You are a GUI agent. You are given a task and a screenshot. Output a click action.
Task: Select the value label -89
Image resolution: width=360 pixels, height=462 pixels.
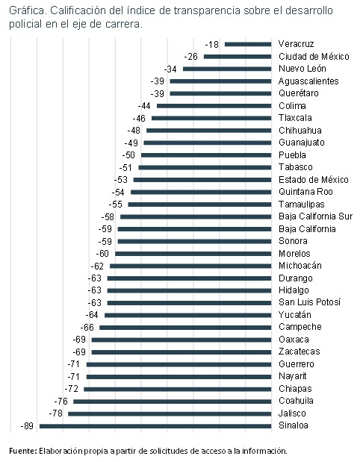click(28, 426)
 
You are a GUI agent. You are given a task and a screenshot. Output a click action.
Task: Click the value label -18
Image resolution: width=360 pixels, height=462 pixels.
click(214, 44)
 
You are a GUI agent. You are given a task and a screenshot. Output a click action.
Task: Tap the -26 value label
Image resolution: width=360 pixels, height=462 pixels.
click(193, 57)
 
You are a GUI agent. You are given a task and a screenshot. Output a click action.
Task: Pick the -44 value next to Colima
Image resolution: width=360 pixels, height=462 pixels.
click(146, 106)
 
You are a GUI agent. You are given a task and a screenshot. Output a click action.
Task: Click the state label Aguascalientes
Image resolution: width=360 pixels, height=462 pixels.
click(308, 81)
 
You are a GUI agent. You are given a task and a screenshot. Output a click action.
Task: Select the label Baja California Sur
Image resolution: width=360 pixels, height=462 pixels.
click(314, 216)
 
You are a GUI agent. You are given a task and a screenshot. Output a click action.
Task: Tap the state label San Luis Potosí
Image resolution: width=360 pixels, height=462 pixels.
click(308, 302)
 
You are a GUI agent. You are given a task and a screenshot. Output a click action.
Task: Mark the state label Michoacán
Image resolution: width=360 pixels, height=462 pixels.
click(300, 266)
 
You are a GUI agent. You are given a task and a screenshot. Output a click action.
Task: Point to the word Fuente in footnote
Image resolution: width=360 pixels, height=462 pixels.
click(22, 451)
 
